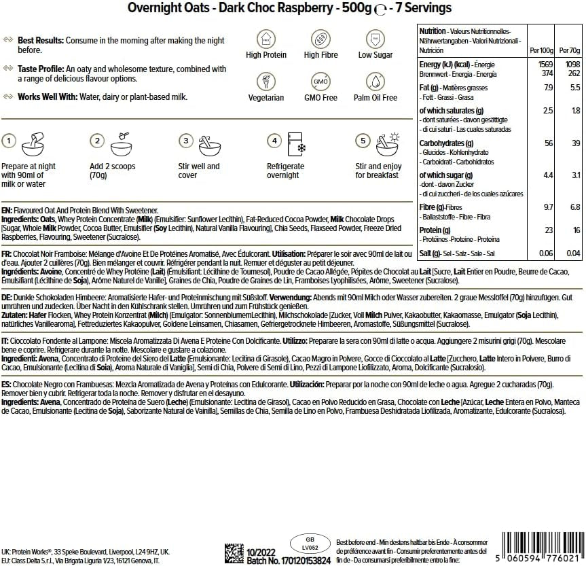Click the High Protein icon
[x=266, y=38]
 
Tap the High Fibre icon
[x=321, y=38]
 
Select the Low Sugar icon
[x=375, y=38]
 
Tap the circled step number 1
[x=9, y=141]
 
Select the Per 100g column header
[x=541, y=51]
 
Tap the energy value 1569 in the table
[x=546, y=64]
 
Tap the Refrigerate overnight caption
[x=284, y=171]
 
